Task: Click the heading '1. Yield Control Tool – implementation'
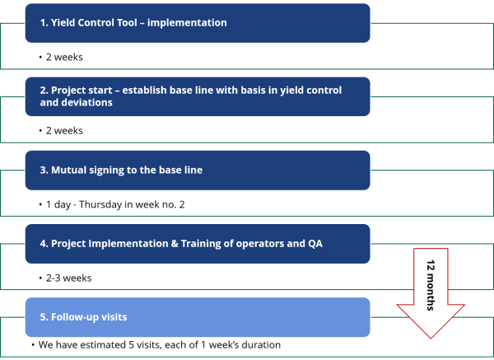[x=133, y=23]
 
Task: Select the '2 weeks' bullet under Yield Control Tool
[x=64, y=57]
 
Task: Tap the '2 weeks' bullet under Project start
[x=64, y=130]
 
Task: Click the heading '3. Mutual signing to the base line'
[x=121, y=170]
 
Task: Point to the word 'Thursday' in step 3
[x=100, y=204]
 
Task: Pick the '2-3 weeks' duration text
[x=68, y=278]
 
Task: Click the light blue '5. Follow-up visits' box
[x=198, y=317]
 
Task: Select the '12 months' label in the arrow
[x=431, y=285]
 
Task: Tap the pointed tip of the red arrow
[x=431, y=339]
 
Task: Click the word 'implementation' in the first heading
[x=187, y=23]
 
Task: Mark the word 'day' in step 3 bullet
[x=63, y=205]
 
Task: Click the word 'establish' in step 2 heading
[x=144, y=90]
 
